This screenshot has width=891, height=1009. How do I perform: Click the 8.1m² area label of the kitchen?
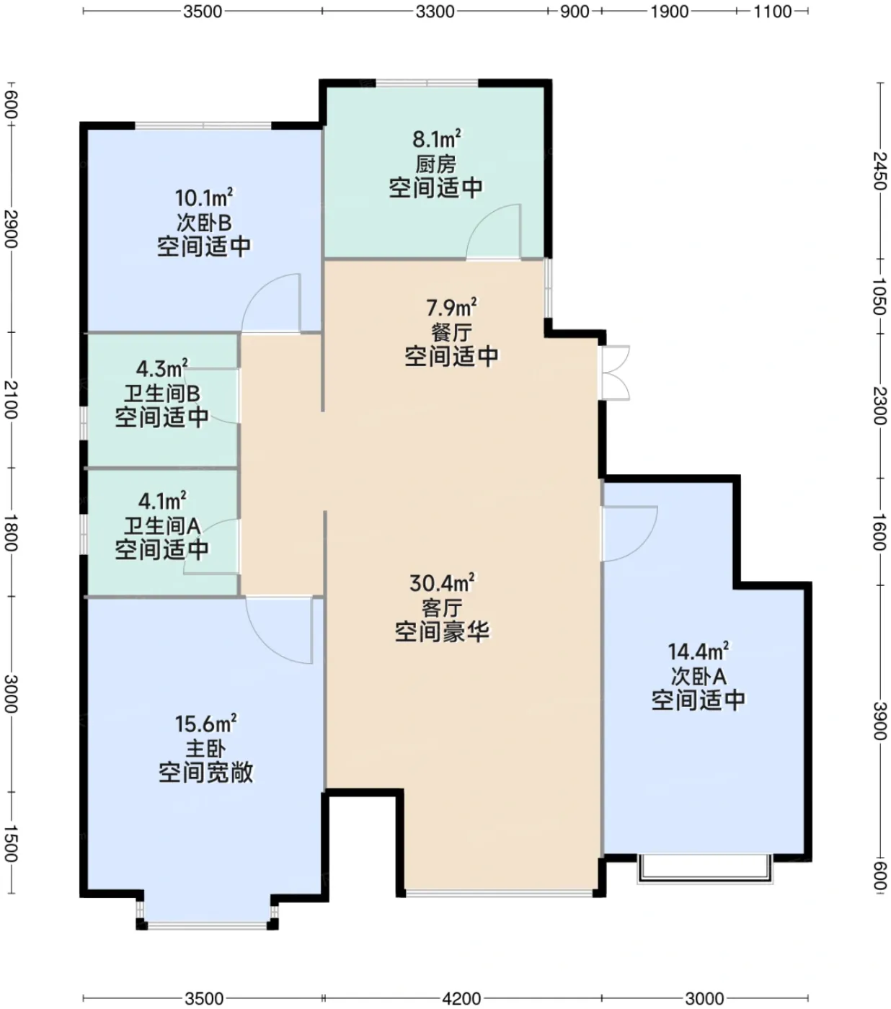click(x=436, y=139)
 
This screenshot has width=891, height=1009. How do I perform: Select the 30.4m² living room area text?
click(x=441, y=582)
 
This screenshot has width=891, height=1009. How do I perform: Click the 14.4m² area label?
click(x=699, y=651)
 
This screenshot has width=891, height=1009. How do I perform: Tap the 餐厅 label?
click(x=451, y=332)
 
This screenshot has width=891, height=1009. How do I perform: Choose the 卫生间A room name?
click(x=162, y=525)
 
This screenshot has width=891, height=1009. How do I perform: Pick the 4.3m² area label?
click(x=162, y=369)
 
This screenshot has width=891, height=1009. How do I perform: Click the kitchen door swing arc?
click(x=493, y=231)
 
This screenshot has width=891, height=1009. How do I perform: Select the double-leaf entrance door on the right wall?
click(x=616, y=373)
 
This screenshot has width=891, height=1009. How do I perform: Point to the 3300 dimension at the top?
click(x=435, y=11)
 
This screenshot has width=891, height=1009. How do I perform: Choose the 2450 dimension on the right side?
click(x=880, y=171)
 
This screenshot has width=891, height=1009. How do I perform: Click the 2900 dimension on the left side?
click(x=11, y=228)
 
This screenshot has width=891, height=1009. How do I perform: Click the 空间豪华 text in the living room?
click(x=443, y=631)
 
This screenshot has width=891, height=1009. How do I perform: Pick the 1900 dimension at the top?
click(x=670, y=11)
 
